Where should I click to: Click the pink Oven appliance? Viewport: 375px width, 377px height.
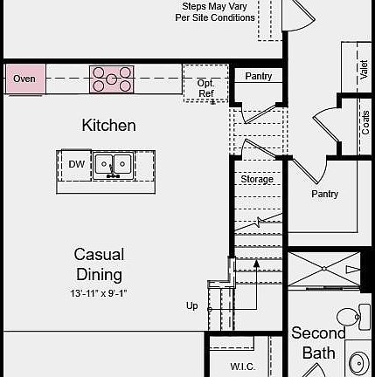click(x=24, y=79)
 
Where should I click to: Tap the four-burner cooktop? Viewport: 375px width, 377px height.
click(x=111, y=79)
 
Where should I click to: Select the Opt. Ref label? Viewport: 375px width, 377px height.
click(x=205, y=88)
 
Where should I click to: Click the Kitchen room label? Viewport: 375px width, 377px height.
click(x=109, y=126)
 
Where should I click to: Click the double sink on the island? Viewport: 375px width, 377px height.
click(x=113, y=164)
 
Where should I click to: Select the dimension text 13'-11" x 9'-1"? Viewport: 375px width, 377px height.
click(x=99, y=293)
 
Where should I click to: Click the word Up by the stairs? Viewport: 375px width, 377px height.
click(x=191, y=305)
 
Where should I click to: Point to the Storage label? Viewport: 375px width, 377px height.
click(x=257, y=180)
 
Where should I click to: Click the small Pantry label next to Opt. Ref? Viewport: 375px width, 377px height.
click(x=258, y=77)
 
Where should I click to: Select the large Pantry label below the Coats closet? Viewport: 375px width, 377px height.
click(x=324, y=194)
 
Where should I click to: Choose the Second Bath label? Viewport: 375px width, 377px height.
click(x=318, y=343)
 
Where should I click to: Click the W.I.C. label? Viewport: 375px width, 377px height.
click(x=242, y=367)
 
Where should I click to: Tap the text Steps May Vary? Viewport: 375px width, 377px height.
click(x=216, y=6)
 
